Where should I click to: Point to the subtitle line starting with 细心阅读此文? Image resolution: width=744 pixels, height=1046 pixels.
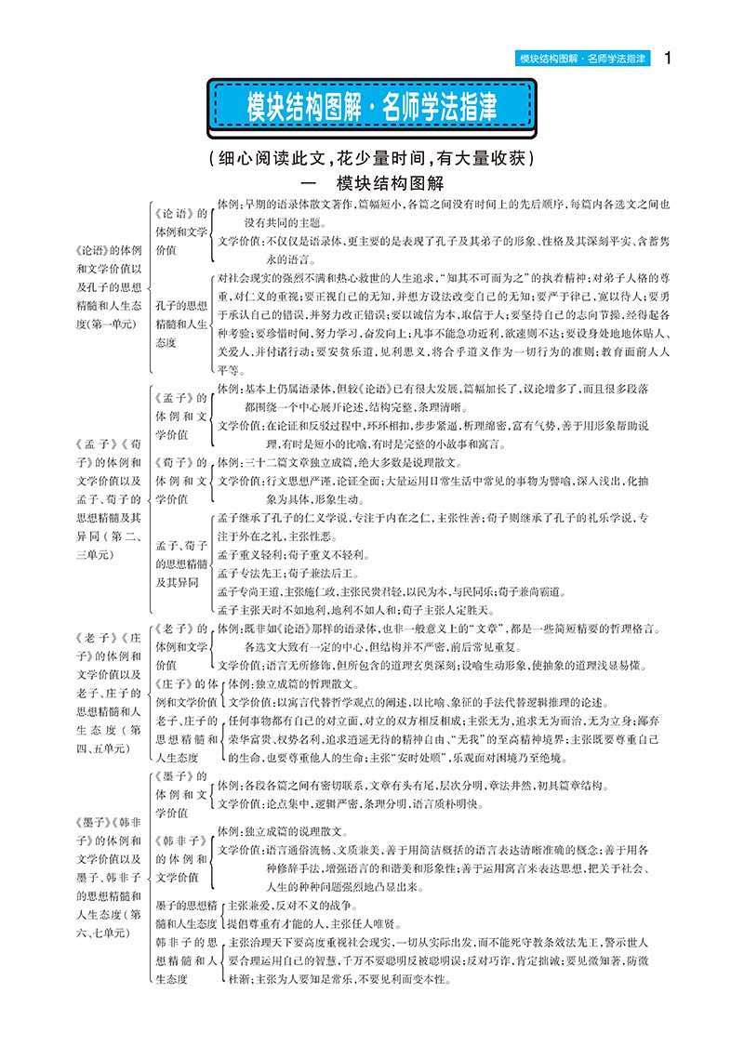coord(372,157)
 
